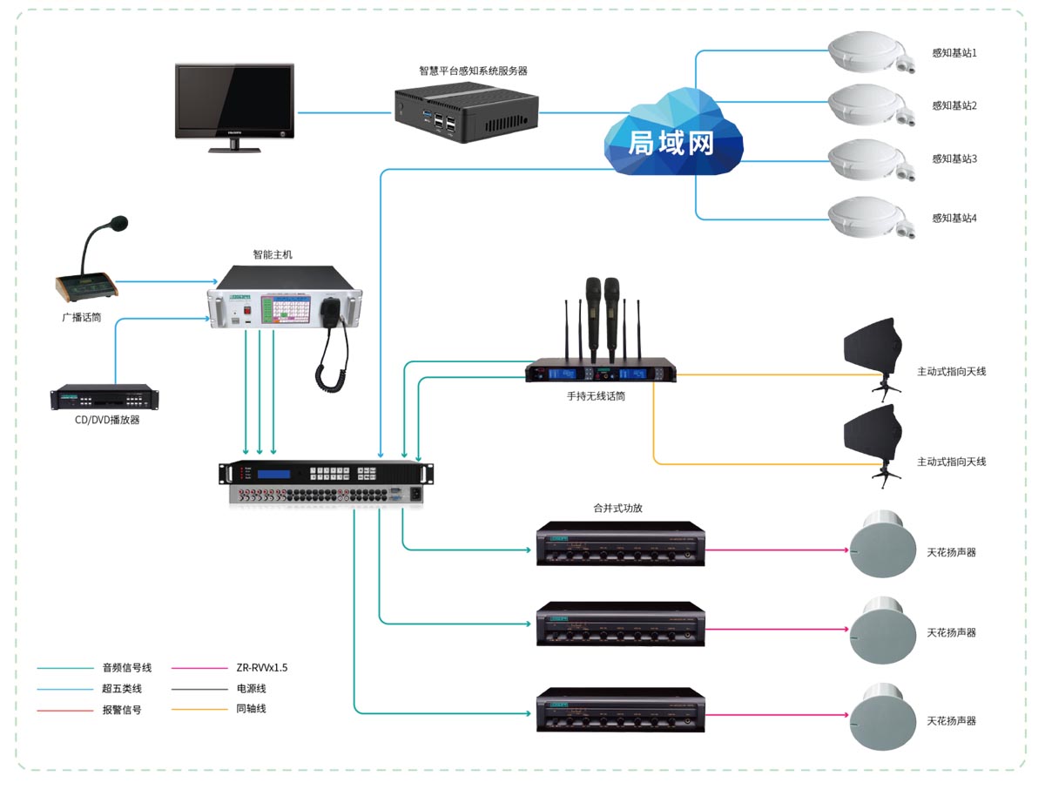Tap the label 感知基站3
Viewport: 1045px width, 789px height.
point(954,159)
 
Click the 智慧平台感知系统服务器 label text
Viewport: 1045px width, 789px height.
point(473,71)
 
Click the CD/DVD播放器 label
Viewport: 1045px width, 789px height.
point(107,420)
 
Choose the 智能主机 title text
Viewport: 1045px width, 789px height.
point(273,255)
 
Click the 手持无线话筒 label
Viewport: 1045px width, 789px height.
point(596,396)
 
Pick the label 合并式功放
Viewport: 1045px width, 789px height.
point(617,508)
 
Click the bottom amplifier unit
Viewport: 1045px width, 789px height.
point(620,711)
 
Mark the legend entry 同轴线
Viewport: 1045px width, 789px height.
point(251,709)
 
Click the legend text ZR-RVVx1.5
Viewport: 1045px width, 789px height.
point(261,668)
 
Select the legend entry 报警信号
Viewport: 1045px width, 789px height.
point(122,710)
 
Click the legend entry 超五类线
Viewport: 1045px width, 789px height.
point(122,689)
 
